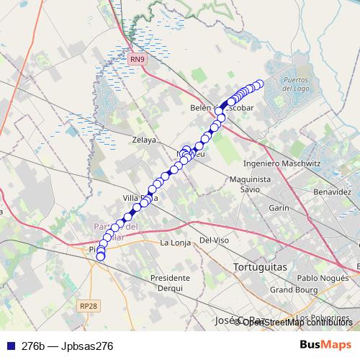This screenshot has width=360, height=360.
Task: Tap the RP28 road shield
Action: (x=88, y=306)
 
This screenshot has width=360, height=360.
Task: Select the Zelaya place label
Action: (x=143, y=140)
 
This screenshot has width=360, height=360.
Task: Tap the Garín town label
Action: (x=278, y=207)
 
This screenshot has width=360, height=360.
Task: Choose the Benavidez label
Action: (x=332, y=193)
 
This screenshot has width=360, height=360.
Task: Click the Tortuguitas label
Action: (x=260, y=267)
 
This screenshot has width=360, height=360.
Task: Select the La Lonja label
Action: (x=175, y=243)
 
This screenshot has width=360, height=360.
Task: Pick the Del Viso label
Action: (x=214, y=240)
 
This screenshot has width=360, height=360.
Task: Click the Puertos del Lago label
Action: (x=297, y=84)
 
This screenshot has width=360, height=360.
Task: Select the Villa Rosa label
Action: (x=140, y=197)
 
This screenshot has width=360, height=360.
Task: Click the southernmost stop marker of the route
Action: (x=100, y=256)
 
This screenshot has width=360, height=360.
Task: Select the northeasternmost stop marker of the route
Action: (x=260, y=84)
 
